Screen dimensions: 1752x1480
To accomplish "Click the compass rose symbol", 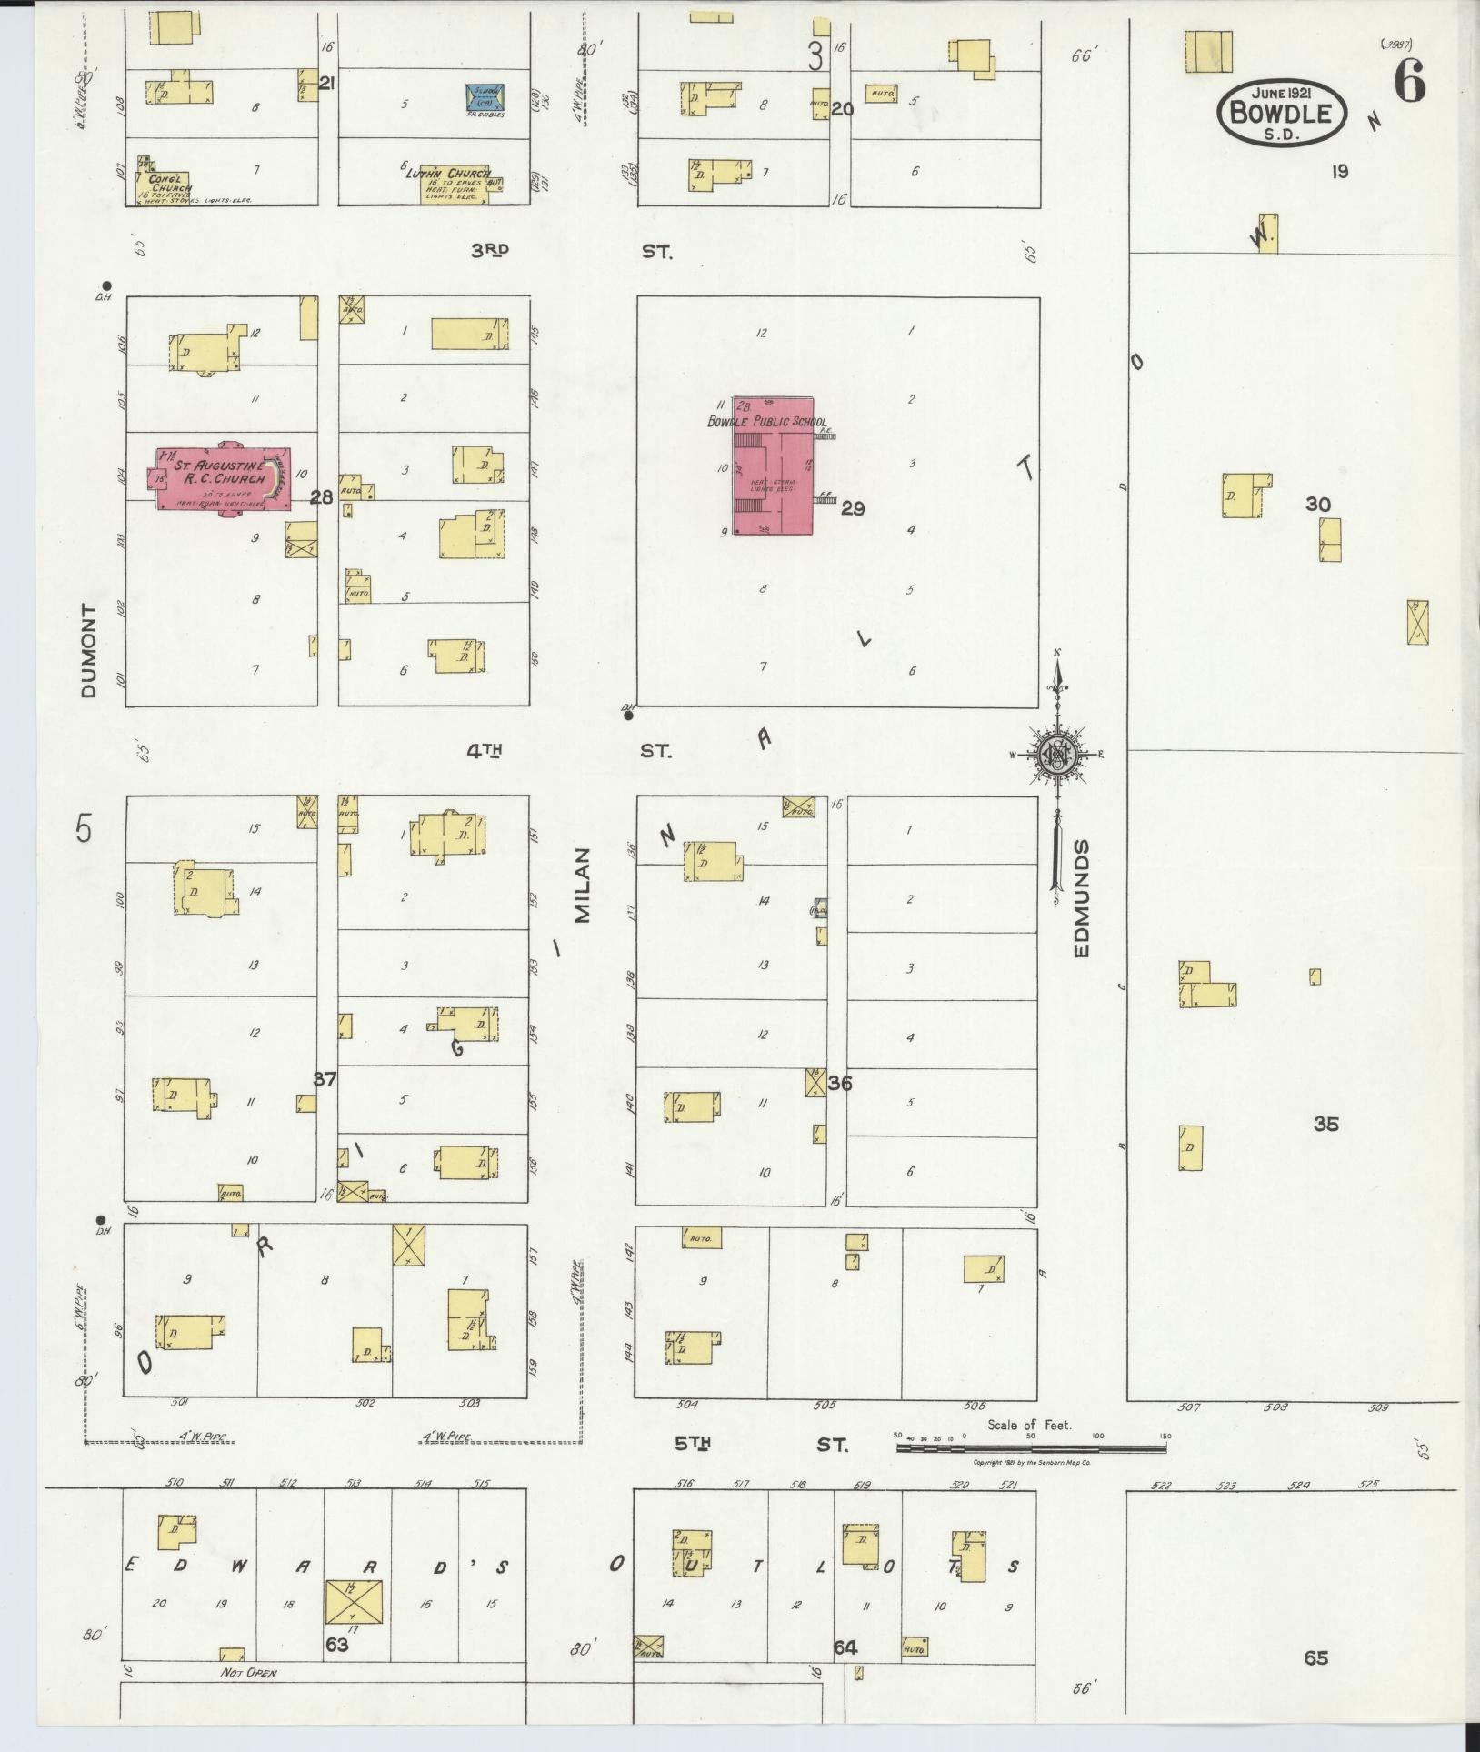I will (1057, 754).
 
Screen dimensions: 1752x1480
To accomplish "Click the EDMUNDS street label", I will (1081, 898).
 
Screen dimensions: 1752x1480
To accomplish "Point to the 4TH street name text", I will (485, 751).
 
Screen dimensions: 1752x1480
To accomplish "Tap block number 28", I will (322, 497).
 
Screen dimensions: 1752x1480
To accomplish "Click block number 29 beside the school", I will (852, 508).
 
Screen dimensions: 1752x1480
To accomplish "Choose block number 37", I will (325, 1079).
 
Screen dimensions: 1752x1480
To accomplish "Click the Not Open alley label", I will (247, 1673).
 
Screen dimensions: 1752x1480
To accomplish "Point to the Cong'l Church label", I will (166, 183).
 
